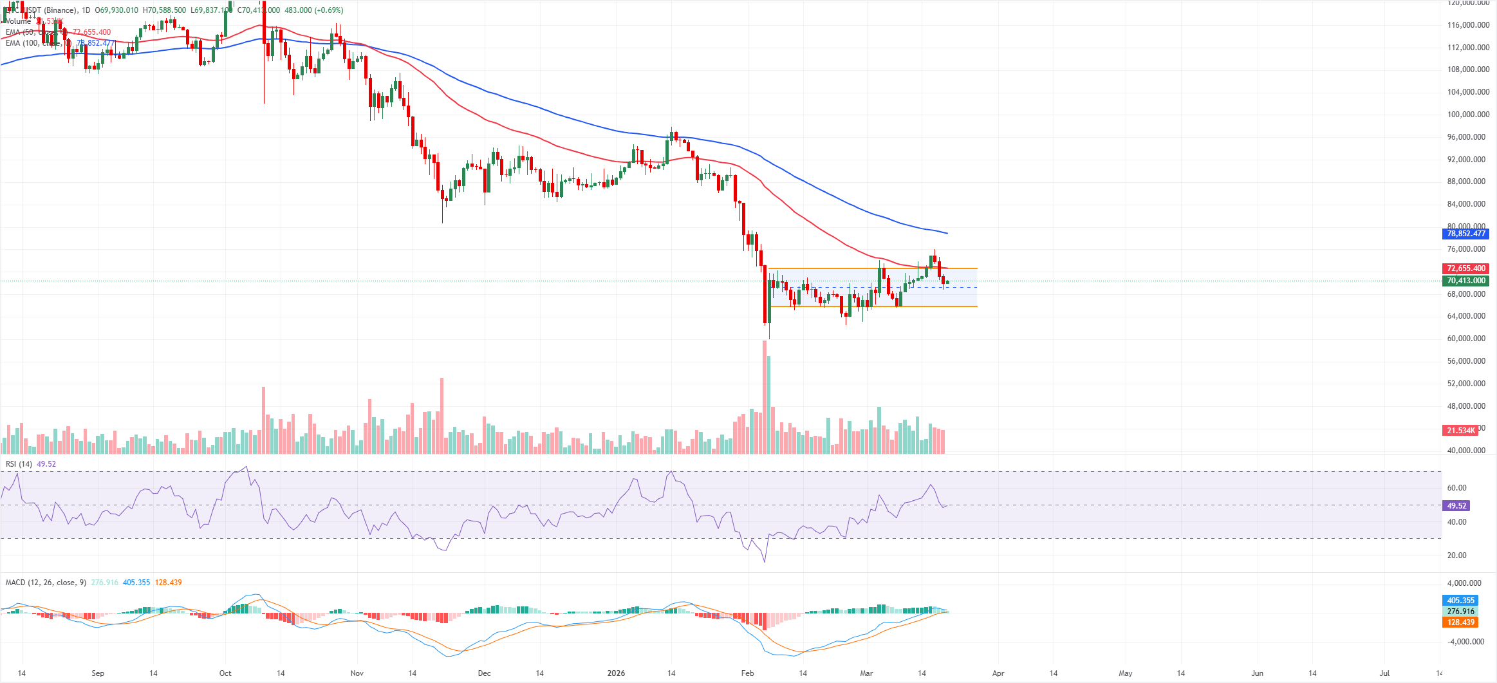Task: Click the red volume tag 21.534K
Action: (1461, 431)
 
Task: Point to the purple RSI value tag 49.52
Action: (1456, 506)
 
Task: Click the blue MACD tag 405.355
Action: (1460, 601)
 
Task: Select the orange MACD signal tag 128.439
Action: (1460, 622)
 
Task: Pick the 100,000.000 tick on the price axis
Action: (1468, 115)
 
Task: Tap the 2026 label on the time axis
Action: (616, 673)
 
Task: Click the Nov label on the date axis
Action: (357, 673)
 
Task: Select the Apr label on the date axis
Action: (998, 673)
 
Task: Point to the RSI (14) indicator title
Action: (19, 464)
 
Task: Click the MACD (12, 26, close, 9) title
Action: (46, 583)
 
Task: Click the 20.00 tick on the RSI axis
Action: (1456, 556)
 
